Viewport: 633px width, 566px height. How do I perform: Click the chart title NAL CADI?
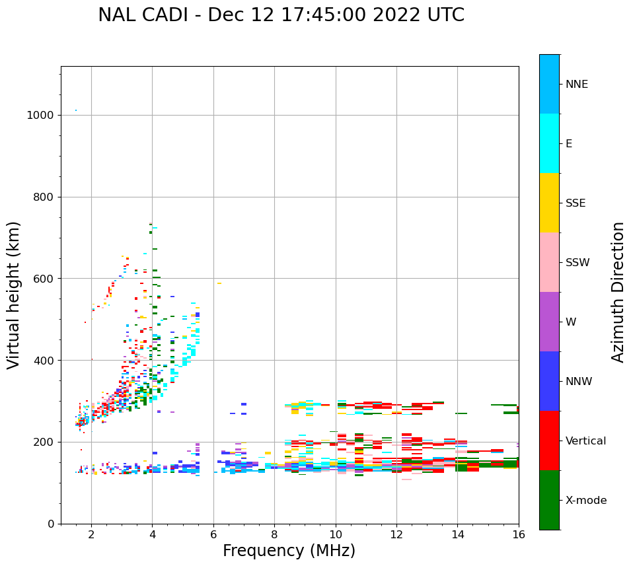281,15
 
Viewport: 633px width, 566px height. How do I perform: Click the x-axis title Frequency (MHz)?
289,551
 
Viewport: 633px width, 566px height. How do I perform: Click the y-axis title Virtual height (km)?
14,295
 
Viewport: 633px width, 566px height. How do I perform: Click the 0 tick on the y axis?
50,524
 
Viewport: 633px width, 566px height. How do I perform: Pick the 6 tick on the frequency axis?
213,534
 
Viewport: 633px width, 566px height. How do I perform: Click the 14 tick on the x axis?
458,534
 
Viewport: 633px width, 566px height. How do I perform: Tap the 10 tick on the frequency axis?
336,534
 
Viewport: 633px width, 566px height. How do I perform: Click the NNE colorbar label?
577,85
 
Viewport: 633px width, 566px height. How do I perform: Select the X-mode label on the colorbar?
586,501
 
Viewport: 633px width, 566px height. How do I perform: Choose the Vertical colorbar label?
585,441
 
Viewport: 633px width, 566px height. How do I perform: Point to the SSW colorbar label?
577,263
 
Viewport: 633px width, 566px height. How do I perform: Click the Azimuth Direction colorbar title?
618,291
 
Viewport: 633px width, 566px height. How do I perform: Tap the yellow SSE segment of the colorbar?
549,203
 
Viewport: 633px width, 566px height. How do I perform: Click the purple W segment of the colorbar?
549,322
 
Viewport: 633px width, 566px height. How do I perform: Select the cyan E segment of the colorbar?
549,143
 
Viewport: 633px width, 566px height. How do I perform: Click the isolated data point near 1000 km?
76,110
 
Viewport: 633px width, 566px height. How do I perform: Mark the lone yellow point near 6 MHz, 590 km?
219,283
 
